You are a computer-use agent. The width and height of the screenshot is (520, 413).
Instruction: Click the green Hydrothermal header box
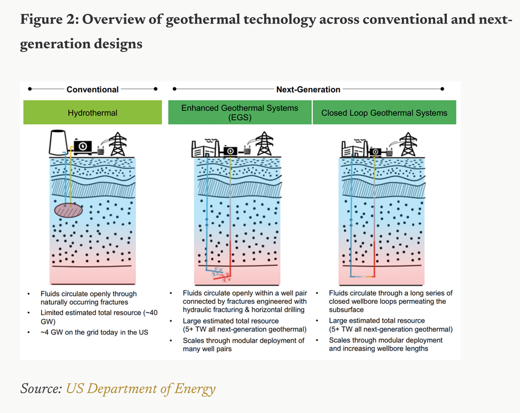(92, 112)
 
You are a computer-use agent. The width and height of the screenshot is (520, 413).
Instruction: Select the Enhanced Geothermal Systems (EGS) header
(240, 112)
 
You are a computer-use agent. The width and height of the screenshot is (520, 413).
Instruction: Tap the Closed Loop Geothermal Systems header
(385, 112)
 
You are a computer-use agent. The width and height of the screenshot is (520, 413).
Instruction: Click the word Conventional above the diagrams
(92, 90)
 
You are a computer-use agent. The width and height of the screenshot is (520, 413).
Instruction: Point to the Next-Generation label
(308, 90)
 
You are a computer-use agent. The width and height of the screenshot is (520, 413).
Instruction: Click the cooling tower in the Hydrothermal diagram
(58, 142)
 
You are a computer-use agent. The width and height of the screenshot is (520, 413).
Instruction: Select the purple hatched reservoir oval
(68, 210)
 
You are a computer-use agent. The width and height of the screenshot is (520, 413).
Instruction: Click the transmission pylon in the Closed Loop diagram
(408, 144)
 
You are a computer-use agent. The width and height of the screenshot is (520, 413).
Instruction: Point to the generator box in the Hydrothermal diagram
(83, 147)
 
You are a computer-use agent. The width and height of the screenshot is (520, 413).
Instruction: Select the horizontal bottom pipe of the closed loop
(363, 276)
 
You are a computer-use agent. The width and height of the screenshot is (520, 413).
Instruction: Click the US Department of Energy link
(141, 388)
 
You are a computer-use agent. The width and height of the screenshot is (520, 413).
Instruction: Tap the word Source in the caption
(41, 388)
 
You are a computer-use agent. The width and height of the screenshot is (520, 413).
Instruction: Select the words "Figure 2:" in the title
(50, 19)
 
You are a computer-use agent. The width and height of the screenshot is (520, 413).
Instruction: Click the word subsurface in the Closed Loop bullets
(346, 310)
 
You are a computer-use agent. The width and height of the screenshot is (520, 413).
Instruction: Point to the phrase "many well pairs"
(207, 349)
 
